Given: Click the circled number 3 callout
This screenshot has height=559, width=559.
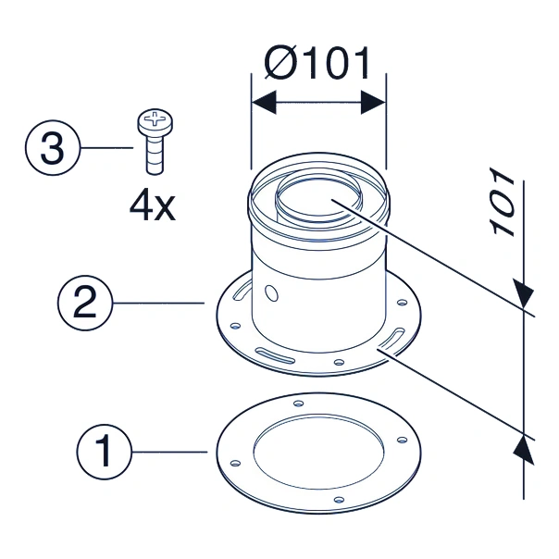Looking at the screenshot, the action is pyautogui.click(x=53, y=147).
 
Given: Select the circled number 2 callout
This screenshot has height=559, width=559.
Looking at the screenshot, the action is pyautogui.click(x=85, y=303).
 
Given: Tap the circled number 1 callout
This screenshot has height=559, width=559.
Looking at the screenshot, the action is pyautogui.click(x=104, y=452).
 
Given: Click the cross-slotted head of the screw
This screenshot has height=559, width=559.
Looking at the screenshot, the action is pyautogui.click(x=155, y=121).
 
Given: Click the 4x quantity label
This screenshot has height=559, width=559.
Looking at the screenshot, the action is pyautogui.click(x=153, y=206).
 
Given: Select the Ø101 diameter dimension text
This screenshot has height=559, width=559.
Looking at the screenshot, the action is pyautogui.click(x=317, y=64).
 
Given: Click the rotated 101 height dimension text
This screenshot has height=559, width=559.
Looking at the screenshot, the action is pyautogui.click(x=503, y=202).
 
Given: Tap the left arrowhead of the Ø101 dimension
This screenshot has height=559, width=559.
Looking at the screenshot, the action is pyautogui.click(x=264, y=103).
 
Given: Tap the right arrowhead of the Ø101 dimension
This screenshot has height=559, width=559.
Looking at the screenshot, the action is pyautogui.click(x=373, y=103).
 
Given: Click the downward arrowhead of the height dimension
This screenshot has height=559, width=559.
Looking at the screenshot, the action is pyautogui.click(x=523, y=292).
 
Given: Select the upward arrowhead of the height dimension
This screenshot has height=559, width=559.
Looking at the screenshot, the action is pyautogui.click(x=523, y=451).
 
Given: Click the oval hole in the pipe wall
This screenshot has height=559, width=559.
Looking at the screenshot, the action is pyautogui.click(x=272, y=293).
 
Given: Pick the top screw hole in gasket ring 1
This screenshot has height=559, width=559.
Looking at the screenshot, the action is pyautogui.click(x=298, y=404).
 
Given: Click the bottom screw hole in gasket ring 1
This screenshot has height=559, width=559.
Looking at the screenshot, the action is pyautogui.click(x=340, y=500).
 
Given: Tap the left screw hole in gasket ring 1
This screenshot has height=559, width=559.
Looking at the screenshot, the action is pyautogui.click(x=235, y=463).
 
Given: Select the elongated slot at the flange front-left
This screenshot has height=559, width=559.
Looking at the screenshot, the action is pyautogui.click(x=275, y=355).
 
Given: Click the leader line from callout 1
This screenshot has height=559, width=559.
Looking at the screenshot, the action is pyautogui.click(x=169, y=452).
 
